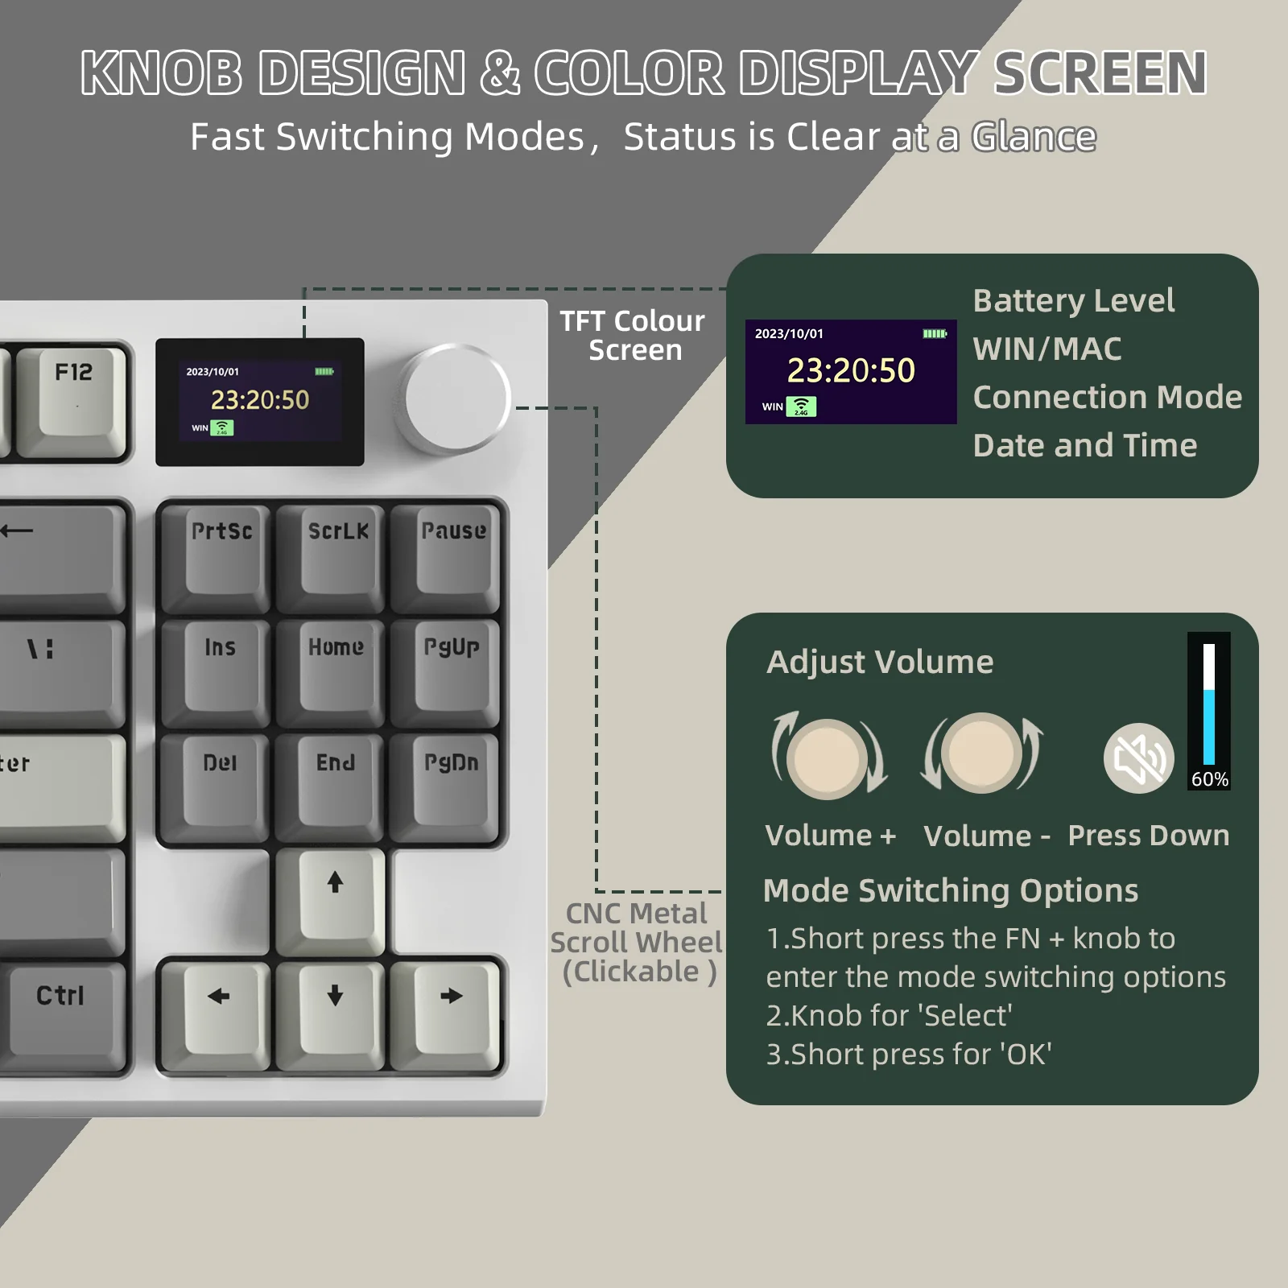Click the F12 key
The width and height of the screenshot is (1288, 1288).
pyautogui.click(x=72, y=394)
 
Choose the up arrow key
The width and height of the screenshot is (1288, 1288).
pyautogui.click(x=335, y=894)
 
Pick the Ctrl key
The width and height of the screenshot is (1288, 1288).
pyautogui.click(x=61, y=1006)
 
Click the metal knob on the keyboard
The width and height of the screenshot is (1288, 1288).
pyautogui.click(x=456, y=398)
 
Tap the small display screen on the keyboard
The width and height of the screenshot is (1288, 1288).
pyautogui.click(x=260, y=402)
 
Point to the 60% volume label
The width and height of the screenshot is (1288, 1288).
pyautogui.click(x=1209, y=779)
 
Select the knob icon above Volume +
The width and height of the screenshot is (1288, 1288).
pyautogui.click(x=828, y=758)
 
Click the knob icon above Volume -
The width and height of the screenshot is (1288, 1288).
pyautogui.click(x=981, y=753)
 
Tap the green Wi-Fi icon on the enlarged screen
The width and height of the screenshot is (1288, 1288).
pyautogui.click(x=801, y=407)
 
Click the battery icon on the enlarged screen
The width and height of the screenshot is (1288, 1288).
pyautogui.click(x=935, y=333)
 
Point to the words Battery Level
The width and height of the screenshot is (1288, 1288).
pyautogui.click(x=1073, y=300)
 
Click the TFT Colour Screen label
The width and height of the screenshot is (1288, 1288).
pyautogui.click(x=633, y=336)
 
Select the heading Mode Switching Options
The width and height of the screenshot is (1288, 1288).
pyautogui.click(x=950, y=890)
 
